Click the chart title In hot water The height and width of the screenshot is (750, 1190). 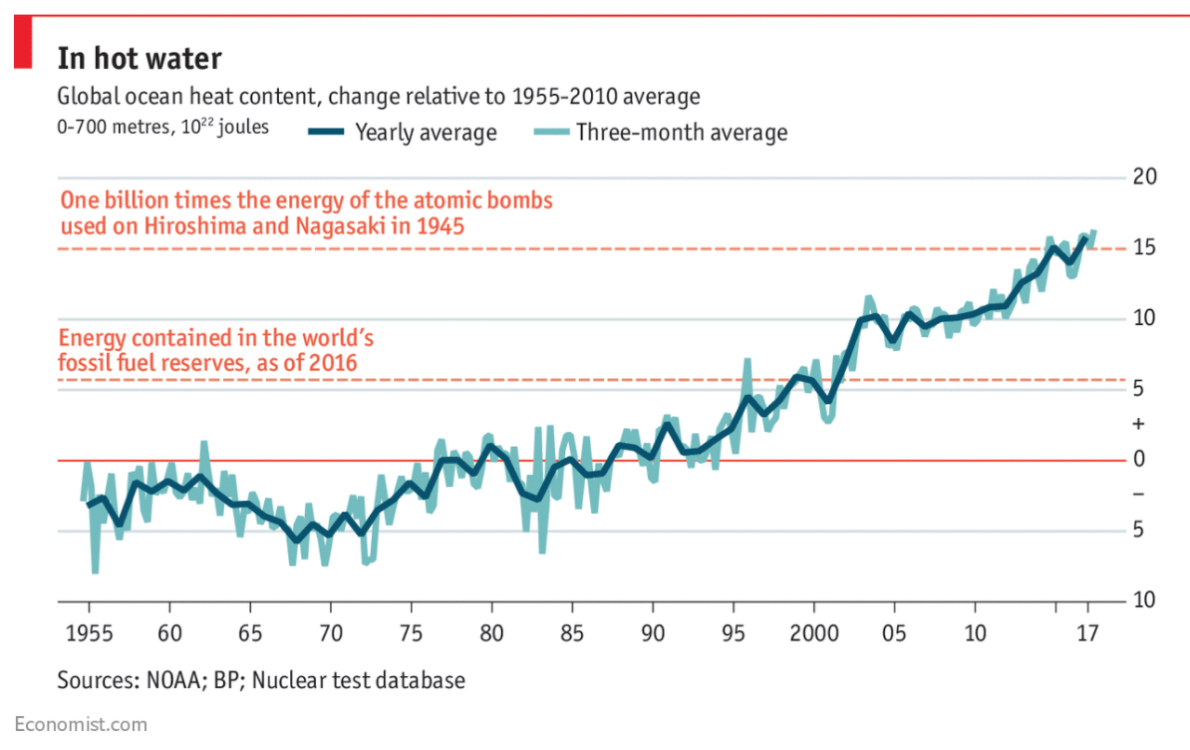point(139,58)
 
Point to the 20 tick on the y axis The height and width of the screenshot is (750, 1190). point(1145,178)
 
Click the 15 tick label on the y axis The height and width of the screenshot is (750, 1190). point(1145,247)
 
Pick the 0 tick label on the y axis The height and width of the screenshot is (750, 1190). point(1139,460)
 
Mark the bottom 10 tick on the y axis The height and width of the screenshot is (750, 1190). point(1145,600)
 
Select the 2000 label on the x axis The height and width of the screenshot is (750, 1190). point(813,632)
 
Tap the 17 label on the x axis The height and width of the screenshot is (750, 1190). point(1088,632)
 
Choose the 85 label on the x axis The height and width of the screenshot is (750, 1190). point(572,632)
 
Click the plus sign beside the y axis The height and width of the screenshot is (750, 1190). point(1139,424)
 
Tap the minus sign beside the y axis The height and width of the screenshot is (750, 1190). point(1139,495)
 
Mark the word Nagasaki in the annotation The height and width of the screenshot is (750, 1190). point(339,225)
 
